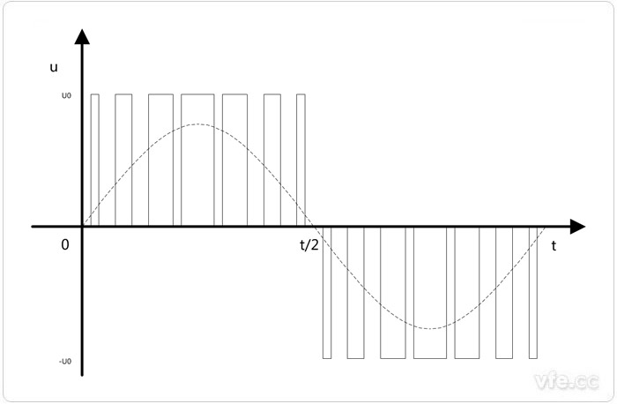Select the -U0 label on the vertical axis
pos(65,360)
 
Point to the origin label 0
pos(64,245)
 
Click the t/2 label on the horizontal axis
pos(309,245)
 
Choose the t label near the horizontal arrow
pos(554,246)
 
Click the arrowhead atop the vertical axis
pos(82,36)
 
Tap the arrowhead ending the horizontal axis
pos(577,227)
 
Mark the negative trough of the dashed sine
pos(432,328)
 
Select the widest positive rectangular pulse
pos(197,160)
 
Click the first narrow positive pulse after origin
pos(95,160)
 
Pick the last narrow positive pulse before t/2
pos(301,160)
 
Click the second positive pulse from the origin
pos(123,160)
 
